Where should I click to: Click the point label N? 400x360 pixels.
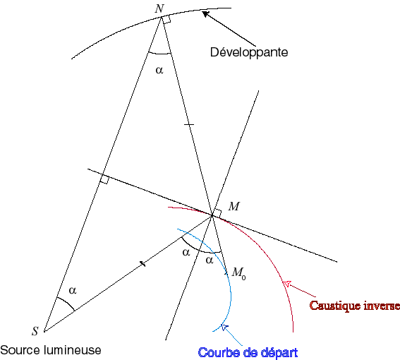click(x=159, y=8)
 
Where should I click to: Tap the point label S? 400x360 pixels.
click(x=35, y=331)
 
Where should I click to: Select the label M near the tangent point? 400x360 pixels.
click(x=234, y=206)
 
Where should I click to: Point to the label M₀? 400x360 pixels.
click(x=238, y=273)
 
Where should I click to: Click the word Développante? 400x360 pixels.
click(x=249, y=52)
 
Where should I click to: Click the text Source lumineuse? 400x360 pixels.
click(x=51, y=350)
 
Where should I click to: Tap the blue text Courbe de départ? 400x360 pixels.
click(x=248, y=353)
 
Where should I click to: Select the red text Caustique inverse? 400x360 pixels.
click(x=355, y=306)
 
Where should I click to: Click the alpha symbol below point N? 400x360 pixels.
click(x=159, y=70)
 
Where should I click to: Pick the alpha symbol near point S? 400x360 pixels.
click(x=73, y=290)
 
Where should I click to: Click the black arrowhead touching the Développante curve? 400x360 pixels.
click(x=205, y=14)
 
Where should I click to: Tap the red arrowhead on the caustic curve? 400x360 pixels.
click(x=287, y=283)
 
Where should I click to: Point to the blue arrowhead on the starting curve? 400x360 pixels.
click(x=224, y=327)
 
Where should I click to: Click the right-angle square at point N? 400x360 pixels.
click(x=166, y=19)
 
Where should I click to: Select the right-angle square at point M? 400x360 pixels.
click(x=217, y=213)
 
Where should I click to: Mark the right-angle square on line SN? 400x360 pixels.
click(x=104, y=179)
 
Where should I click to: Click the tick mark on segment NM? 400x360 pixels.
click(x=189, y=124)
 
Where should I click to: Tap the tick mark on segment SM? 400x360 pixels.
click(x=143, y=264)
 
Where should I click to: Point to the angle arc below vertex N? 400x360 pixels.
click(x=159, y=54)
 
